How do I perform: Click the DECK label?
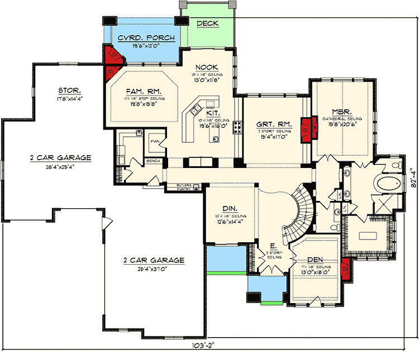207,23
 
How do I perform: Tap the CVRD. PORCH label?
146,39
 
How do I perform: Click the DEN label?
316,260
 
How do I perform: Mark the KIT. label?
203,112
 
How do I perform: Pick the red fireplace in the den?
345,269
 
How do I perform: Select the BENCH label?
153,161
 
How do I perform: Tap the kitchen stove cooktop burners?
237,128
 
